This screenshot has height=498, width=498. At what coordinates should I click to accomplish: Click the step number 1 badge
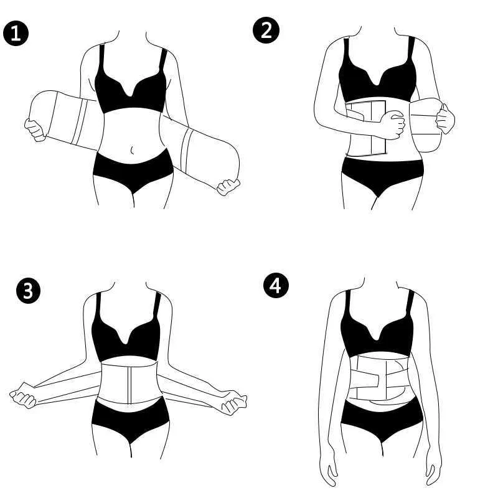16,33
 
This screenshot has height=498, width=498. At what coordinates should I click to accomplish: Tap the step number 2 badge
266,30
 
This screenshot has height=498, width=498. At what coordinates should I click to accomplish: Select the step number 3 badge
28,291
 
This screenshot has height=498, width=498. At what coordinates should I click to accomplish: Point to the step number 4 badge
276,286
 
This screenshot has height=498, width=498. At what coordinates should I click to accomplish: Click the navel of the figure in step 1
133,149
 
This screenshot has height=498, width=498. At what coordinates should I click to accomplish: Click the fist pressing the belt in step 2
393,125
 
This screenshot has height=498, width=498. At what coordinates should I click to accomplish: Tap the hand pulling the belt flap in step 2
445,119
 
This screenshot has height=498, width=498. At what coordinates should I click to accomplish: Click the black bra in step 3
126,337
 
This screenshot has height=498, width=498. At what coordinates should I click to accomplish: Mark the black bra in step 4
377,334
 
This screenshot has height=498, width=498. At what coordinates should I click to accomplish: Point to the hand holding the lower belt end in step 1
228,187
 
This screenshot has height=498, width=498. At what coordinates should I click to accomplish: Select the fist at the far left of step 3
22,395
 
